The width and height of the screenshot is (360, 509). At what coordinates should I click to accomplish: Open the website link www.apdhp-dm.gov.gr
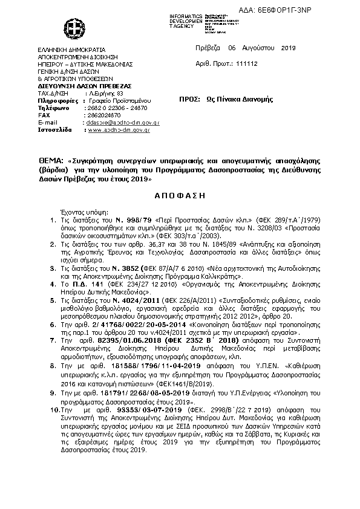point(119,129)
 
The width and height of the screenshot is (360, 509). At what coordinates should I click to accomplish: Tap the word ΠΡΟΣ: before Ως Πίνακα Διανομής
point(190,100)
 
